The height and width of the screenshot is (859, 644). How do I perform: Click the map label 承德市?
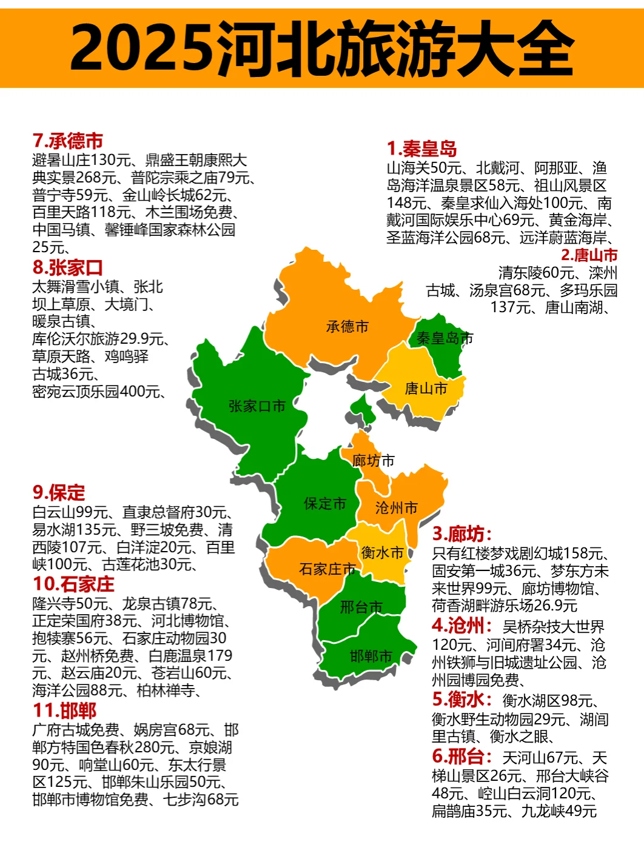pyautogui.click(x=347, y=327)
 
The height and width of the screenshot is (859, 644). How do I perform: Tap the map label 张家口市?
pyautogui.click(x=257, y=406)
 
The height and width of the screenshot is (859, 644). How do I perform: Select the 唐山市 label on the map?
pyautogui.click(x=426, y=389)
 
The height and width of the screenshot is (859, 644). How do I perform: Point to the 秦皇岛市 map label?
pyautogui.click(x=444, y=338)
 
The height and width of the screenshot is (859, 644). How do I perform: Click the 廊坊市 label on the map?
pyautogui.click(x=373, y=461)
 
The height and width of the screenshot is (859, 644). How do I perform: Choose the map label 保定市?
pyautogui.click(x=325, y=504)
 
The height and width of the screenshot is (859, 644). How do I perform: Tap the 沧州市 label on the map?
pyautogui.click(x=397, y=508)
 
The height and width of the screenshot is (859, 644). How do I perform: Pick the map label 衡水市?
pyautogui.click(x=382, y=553)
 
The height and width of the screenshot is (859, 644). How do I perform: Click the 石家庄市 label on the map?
pyautogui.click(x=327, y=569)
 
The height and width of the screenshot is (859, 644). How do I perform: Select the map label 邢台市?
pyautogui.click(x=361, y=607)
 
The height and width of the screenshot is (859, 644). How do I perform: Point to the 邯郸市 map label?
pyautogui.click(x=371, y=656)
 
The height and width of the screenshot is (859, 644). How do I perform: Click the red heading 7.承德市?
pyautogui.click(x=68, y=141)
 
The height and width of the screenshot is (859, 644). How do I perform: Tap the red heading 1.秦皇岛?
pyautogui.click(x=422, y=149)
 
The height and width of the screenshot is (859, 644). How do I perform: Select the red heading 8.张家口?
pyautogui.click(x=68, y=267)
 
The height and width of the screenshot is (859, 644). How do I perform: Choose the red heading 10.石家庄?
pyautogui.click(x=73, y=584)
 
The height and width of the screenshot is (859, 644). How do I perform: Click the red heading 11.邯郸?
pyautogui.click(x=65, y=710)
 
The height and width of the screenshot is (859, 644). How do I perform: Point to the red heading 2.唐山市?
pyautogui.click(x=589, y=255)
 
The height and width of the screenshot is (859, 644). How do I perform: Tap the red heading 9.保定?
pyautogui.click(x=59, y=492)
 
